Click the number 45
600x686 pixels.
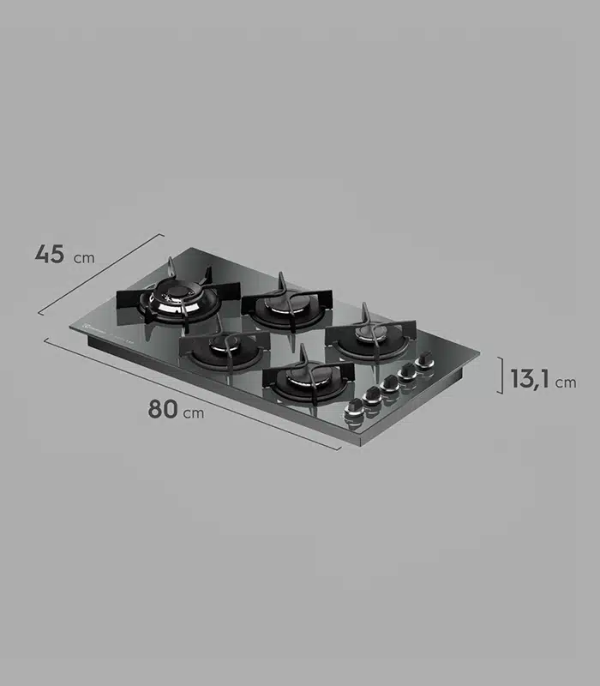50,254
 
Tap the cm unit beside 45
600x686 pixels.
84,258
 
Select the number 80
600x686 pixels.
163,409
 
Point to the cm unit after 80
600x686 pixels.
194,413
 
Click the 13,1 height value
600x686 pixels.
530,378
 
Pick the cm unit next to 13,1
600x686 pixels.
566,382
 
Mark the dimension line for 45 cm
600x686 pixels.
101,274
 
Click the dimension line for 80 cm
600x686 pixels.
192,394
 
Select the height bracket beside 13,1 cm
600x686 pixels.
501,376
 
